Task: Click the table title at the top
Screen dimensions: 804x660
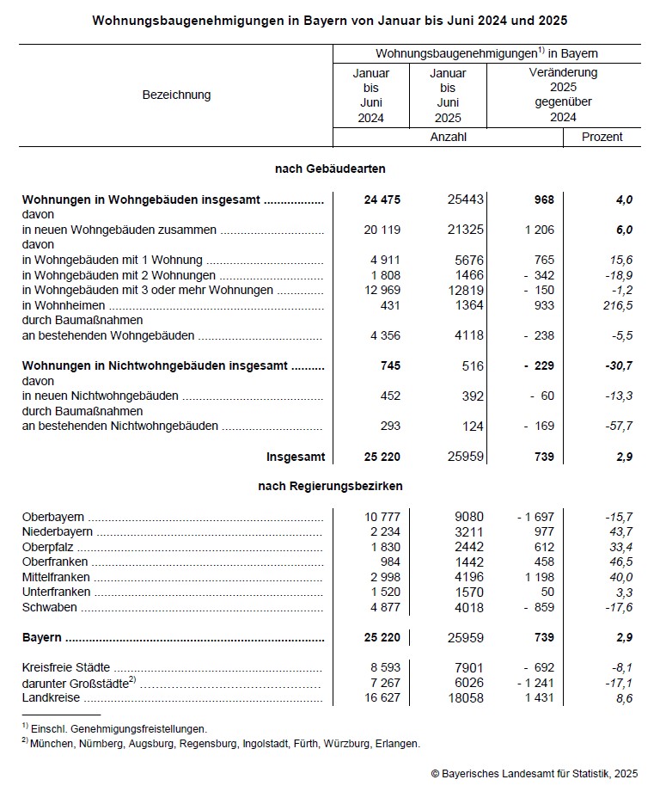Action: click(x=330, y=19)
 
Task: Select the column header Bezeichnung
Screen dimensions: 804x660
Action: click(x=176, y=95)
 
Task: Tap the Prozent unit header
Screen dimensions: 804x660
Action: click(x=602, y=137)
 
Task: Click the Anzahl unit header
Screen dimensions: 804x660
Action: click(x=448, y=137)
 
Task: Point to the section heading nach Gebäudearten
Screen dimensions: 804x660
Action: click(x=330, y=169)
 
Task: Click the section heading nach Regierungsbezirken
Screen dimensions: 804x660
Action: click(x=330, y=487)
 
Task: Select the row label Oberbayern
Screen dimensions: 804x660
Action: click(x=53, y=517)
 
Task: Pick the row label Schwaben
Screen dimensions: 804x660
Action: click(x=49, y=607)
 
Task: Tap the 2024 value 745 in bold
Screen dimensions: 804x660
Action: click(x=390, y=365)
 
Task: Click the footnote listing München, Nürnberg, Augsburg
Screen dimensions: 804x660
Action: click(x=221, y=743)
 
